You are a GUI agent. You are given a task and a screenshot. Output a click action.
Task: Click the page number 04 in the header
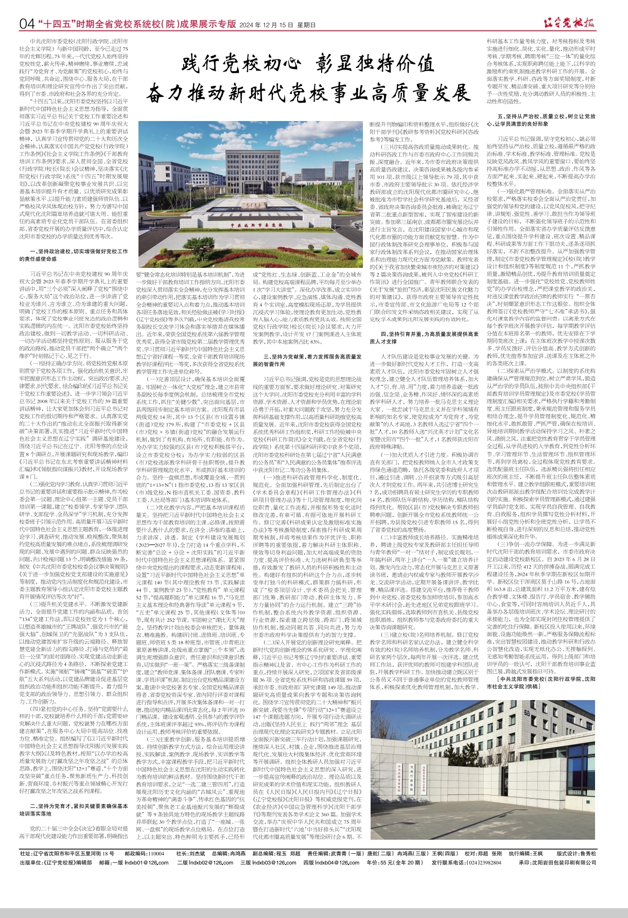pyautogui.click(x=27, y=24)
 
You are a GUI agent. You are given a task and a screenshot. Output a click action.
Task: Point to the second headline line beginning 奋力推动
pyautogui.click(x=309, y=94)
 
